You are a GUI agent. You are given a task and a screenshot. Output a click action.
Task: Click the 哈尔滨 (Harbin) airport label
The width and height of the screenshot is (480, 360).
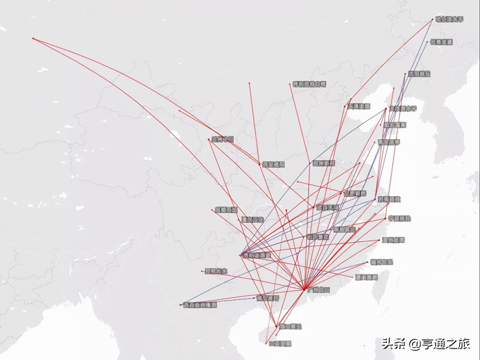click(449, 19)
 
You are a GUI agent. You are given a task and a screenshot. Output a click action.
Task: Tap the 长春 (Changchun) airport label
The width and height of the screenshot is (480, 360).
click(441, 42)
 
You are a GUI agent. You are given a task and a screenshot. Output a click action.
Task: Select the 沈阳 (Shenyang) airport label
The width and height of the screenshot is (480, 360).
click(419, 74)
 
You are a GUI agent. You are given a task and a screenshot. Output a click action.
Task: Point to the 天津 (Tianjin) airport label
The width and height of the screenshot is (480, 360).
click(359, 106)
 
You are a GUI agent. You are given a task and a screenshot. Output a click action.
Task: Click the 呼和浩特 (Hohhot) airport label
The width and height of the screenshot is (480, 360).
click(309, 85)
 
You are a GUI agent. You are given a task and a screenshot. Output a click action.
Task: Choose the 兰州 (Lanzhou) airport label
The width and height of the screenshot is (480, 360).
click(223, 140)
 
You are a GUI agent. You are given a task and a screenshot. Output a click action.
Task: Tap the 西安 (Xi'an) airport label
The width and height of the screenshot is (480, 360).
click(273, 164)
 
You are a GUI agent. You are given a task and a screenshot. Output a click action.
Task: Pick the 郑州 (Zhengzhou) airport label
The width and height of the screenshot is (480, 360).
click(324, 163)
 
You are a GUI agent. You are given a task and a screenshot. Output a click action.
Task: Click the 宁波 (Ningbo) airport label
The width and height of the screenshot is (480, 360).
click(399, 218)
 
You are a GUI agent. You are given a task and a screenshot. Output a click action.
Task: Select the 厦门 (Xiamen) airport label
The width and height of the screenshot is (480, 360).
click(366, 277)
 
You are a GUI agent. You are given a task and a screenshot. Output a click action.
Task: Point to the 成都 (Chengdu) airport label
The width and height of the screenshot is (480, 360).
click(226, 210)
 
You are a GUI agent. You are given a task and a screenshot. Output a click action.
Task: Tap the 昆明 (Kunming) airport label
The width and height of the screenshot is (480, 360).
click(216, 271)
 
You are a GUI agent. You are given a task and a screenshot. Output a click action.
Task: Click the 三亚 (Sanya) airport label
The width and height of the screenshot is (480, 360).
click(280, 344)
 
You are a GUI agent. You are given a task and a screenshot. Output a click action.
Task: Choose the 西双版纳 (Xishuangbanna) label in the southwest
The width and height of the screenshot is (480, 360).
click(200, 305)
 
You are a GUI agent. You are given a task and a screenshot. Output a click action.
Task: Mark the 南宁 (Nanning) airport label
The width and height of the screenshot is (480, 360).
click(268, 298)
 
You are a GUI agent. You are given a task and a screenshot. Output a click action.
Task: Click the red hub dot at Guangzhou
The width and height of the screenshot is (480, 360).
click(304, 289)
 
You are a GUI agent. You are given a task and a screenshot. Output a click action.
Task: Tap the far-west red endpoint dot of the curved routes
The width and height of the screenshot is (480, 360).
click(33, 38)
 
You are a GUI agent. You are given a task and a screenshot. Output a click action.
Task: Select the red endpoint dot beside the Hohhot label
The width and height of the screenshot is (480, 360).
click(289, 85)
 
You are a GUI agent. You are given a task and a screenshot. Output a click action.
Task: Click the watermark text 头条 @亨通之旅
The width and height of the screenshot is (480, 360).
click(426, 344)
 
